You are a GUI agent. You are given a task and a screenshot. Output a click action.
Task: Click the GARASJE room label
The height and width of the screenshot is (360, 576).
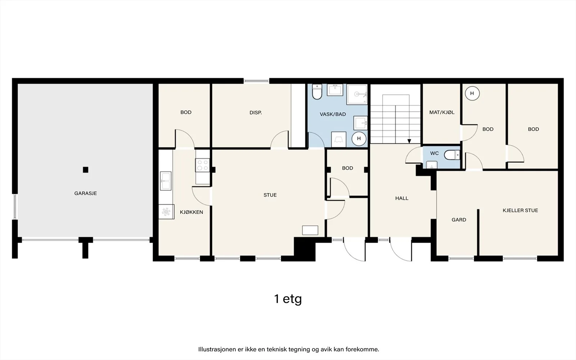86,193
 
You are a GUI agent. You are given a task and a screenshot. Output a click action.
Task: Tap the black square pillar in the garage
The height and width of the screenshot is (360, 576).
86,170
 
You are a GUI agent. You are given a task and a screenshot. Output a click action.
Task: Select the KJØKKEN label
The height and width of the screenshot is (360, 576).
191,212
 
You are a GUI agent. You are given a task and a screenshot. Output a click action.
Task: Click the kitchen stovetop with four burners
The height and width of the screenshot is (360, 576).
203,165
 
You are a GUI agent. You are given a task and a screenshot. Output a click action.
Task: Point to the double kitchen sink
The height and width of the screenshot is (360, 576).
166,181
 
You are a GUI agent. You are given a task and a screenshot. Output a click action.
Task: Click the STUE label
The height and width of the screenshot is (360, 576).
270,195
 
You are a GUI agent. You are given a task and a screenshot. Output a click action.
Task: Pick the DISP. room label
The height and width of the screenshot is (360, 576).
256,113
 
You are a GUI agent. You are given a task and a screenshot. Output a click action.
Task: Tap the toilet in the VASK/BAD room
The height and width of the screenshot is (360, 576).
317,92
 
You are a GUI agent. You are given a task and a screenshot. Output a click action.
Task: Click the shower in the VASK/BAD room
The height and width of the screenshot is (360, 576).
357,94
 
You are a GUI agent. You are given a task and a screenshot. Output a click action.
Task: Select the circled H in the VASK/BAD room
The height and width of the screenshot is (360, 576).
359,139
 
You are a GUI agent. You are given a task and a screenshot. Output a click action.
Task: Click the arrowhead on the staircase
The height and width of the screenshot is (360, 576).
409,141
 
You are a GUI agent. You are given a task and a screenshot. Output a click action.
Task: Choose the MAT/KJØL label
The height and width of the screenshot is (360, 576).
442,112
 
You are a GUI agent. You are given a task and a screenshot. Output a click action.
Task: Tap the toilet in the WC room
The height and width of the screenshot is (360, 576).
452,155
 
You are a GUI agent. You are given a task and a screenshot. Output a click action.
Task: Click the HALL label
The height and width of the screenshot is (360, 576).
402,198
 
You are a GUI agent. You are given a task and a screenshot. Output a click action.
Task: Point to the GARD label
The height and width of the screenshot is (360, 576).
459,220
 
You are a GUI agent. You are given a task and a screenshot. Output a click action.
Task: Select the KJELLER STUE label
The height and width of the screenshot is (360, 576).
520,210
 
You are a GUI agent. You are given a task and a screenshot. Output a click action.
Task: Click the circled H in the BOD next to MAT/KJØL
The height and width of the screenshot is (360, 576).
472,93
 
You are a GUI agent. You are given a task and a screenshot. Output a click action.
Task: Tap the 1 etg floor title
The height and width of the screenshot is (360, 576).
288,299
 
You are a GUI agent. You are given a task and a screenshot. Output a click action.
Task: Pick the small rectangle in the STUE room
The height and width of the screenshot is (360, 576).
310,230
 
